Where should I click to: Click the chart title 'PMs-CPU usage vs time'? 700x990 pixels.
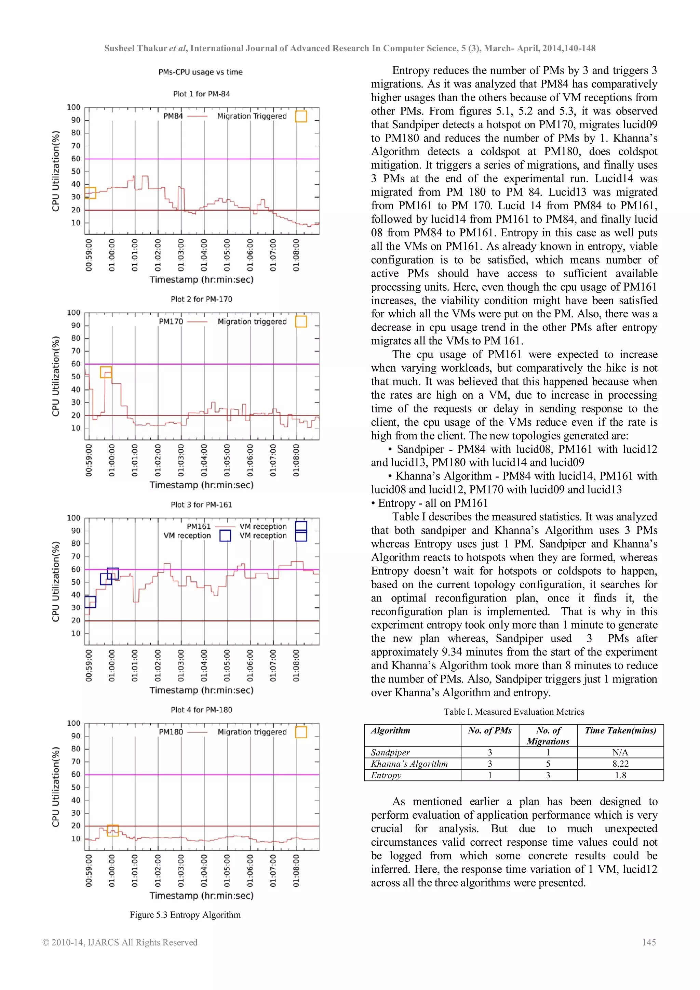[200, 72]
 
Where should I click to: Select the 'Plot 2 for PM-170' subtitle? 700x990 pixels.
[201, 299]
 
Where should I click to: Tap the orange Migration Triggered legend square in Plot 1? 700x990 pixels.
[301, 116]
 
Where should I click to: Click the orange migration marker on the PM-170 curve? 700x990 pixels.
[106, 372]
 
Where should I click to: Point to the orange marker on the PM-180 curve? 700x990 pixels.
[112, 830]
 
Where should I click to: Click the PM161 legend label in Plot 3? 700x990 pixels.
[199, 527]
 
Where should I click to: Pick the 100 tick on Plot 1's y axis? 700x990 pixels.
[74, 107]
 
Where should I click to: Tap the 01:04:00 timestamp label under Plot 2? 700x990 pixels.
[204, 461]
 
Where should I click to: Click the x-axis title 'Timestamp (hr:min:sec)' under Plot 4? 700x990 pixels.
[201, 896]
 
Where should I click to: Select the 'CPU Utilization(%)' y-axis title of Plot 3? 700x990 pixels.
[56, 581]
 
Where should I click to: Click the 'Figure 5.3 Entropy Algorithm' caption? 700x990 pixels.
[185, 914]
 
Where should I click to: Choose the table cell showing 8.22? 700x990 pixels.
[620, 764]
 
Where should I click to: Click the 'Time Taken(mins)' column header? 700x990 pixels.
[620, 730]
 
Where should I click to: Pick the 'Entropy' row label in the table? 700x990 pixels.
[386, 775]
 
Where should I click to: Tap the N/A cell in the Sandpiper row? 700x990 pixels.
[620, 752]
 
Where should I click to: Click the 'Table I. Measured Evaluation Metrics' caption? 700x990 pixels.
[514, 712]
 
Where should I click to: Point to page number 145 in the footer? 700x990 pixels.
[649, 942]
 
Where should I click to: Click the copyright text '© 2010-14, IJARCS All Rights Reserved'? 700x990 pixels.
[120, 942]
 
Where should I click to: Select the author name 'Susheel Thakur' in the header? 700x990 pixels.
[135, 48]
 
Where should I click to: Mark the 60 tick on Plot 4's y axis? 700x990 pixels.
[76, 775]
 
